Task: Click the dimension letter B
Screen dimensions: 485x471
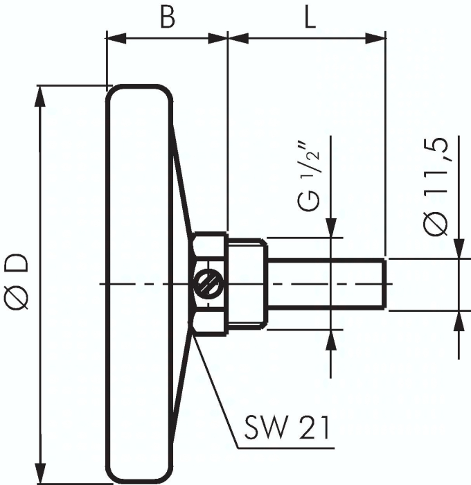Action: tap(167, 17)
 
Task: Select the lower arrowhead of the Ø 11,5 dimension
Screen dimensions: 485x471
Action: tap(458, 320)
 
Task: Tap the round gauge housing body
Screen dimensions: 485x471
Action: tap(139, 284)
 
